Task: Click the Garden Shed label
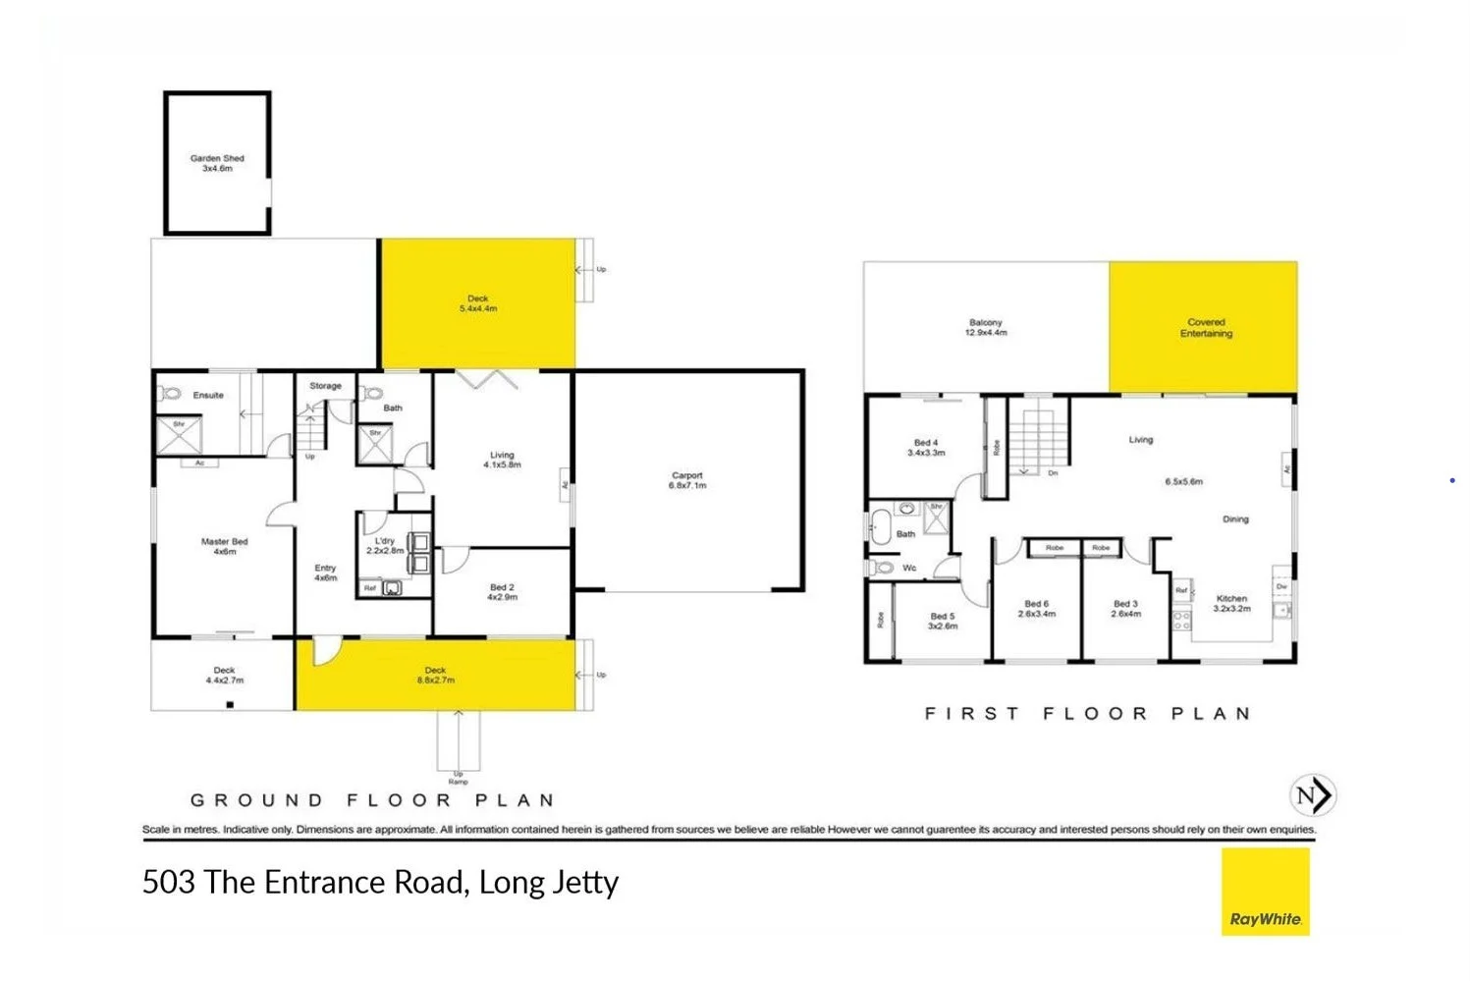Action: point(217,163)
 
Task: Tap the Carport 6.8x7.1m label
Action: point(686,480)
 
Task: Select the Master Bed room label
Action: point(224,546)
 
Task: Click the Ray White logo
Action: point(1265,892)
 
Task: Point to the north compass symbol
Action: point(1312,794)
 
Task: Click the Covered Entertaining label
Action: point(1205,328)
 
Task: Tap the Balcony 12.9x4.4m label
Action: point(985,327)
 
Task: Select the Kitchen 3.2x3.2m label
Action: point(1231,603)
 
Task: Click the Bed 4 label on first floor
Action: point(925,448)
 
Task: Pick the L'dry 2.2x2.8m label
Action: point(384,546)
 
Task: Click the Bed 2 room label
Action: point(502,592)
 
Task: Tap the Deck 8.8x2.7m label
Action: point(435,675)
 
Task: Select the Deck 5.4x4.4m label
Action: point(477,303)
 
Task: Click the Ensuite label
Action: point(208,395)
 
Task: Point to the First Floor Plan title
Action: point(1087,714)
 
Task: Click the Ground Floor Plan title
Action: point(372,800)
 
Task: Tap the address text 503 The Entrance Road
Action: point(380,882)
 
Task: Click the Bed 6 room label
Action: point(1036,609)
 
